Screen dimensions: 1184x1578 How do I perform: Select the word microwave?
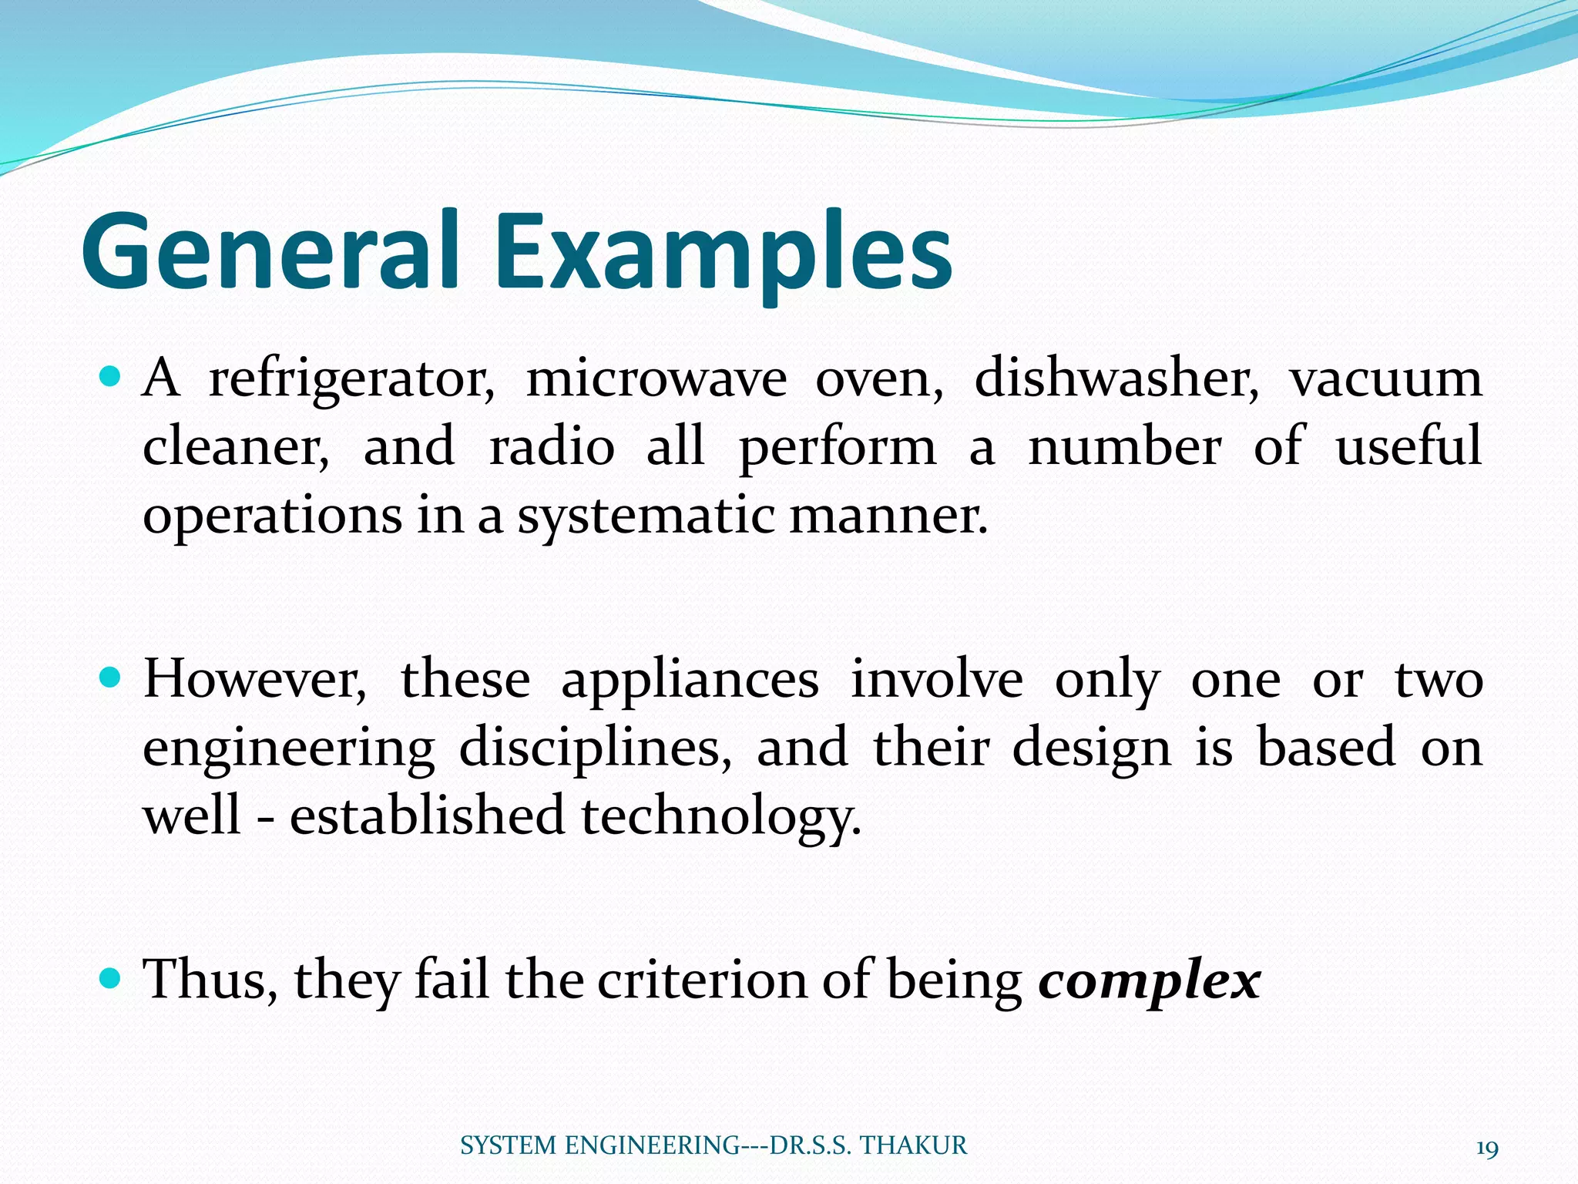coord(656,379)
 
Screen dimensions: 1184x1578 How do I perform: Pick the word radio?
coord(552,447)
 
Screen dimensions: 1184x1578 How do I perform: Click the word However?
coord(255,681)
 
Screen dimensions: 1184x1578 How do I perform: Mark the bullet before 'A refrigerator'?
coord(111,378)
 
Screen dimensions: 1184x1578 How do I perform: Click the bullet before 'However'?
coord(111,678)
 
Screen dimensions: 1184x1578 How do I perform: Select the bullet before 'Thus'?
coord(111,979)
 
